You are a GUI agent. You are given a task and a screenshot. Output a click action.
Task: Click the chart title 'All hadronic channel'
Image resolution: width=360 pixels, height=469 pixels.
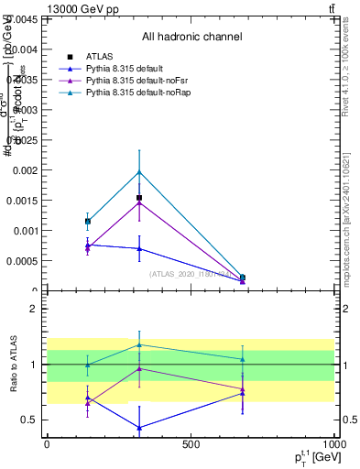191,38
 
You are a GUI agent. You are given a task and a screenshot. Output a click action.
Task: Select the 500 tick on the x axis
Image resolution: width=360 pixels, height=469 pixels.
191,444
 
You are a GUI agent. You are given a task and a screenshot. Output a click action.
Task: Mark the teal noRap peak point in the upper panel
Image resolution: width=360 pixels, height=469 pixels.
139,172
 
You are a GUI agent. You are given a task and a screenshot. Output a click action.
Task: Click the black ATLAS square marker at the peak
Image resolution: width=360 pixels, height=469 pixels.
139,198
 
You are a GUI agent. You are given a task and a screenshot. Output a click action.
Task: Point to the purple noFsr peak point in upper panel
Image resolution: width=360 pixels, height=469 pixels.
139,202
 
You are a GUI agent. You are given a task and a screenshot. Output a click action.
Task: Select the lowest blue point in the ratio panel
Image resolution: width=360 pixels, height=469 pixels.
139,428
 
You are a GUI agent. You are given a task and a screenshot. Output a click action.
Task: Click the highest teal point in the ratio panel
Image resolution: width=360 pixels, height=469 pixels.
139,345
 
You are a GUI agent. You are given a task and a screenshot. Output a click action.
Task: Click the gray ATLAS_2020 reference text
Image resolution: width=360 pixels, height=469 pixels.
190,273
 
